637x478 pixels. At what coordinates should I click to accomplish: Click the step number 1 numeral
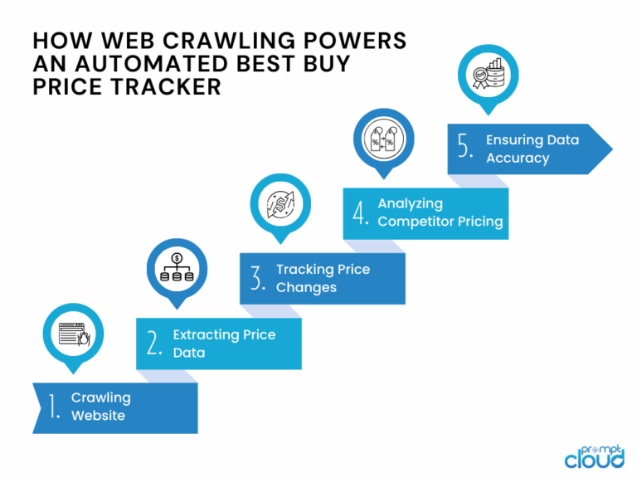point(53,407)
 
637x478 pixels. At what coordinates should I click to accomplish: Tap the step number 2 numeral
point(154,344)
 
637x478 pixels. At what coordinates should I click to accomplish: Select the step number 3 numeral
point(258,278)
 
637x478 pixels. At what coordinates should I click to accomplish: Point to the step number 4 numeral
point(360,212)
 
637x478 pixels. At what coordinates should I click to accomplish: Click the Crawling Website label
point(100,407)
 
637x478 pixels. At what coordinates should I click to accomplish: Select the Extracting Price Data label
point(224,344)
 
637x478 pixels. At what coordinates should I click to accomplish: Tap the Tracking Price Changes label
point(323,278)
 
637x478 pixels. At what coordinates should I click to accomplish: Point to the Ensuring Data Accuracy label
point(532,149)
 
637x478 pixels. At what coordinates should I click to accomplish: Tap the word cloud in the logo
point(594,457)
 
